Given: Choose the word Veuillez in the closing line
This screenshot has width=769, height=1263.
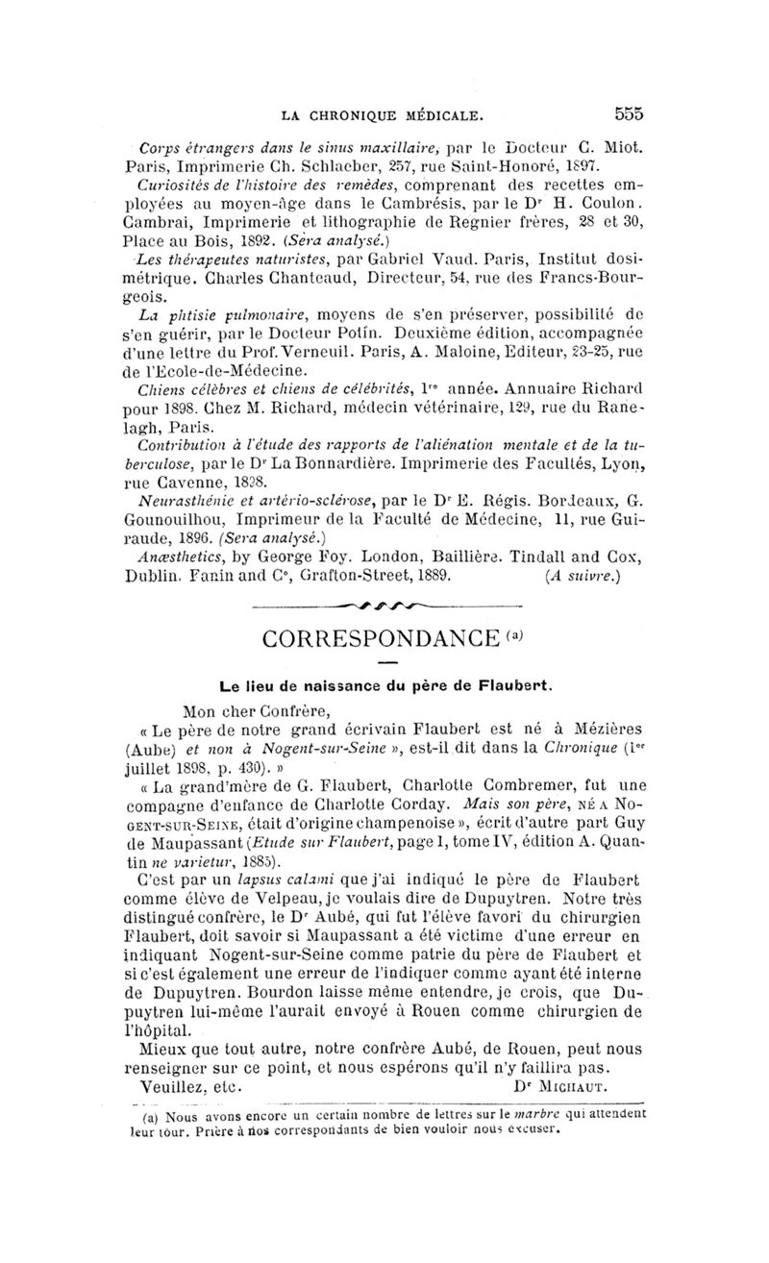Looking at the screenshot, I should [173, 1085].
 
